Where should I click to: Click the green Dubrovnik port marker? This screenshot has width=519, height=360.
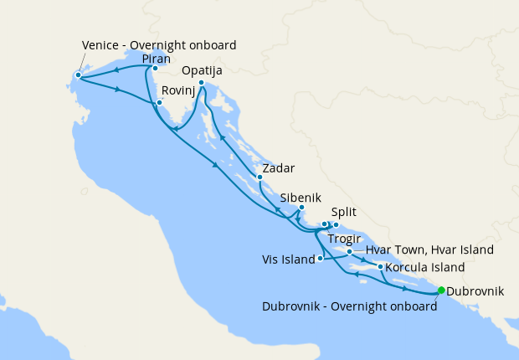(441, 291)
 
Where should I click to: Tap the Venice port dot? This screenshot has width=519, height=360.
(78, 75)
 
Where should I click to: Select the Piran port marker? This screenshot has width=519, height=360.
(155, 69)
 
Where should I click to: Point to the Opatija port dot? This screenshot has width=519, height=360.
(202, 83)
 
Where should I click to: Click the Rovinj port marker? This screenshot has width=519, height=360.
(158, 103)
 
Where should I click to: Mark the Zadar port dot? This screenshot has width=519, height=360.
(259, 177)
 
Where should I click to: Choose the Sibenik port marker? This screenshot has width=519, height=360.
(301, 207)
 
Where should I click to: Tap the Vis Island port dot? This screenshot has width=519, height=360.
(321, 259)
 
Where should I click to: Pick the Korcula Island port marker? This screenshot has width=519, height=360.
(381, 267)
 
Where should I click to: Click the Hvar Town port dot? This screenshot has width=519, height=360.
(349, 251)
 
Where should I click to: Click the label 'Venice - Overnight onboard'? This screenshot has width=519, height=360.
(159, 44)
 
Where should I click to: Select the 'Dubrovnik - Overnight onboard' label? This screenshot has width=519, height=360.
(349, 306)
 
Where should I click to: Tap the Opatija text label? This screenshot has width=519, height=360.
(202, 71)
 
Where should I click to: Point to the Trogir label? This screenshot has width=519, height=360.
(344, 238)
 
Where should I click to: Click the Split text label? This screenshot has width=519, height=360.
(345, 213)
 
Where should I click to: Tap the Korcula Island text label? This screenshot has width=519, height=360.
(424, 268)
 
